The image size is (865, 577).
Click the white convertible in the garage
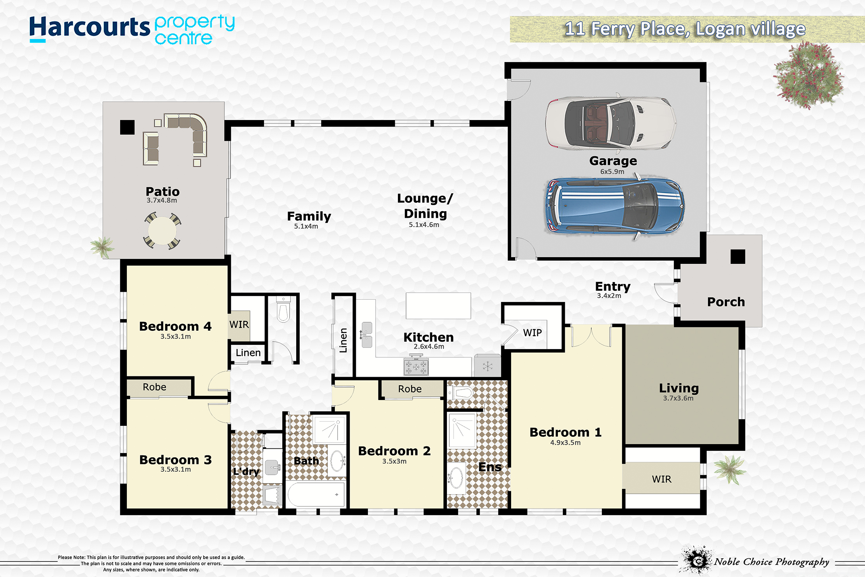click(x=610, y=123)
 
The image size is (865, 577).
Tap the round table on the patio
click(x=162, y=231)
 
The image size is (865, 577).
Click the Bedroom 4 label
click(x=175, y=326)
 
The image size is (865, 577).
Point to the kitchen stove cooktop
click(x=416, y=367)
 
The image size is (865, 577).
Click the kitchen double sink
click(x=367, y=335)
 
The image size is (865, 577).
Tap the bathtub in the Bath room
click(x=316, y=494)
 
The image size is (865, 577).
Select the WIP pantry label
click(x=532, y=333)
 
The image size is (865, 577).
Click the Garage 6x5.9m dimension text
click(x=612, y=171)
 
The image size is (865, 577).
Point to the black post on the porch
click(x=738, y=257)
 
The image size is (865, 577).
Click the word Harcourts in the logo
click(x=90, y=27)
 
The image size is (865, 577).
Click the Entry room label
click(x=613, y=286)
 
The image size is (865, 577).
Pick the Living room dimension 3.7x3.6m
click(x=678, y=398)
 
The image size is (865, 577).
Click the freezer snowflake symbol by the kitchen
click(x=487, y=366)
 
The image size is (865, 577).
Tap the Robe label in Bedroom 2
click(x=410, y=389)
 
